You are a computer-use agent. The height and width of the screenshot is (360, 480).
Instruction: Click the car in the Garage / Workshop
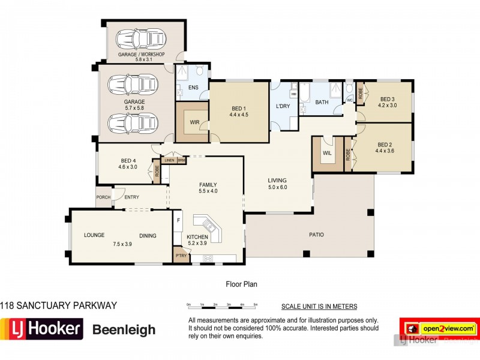136,38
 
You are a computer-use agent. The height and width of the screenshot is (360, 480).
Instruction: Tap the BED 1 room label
238,108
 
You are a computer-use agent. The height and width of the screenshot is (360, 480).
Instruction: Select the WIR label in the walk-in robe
194,122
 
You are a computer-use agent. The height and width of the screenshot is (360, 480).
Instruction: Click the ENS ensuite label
193,88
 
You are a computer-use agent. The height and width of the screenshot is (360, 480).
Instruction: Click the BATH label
322,103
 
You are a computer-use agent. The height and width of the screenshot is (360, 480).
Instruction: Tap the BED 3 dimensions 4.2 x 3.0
387,105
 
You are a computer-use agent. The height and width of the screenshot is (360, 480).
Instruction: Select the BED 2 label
385,144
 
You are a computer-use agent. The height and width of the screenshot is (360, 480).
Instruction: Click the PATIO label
316,235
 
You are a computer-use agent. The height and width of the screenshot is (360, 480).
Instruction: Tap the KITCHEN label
197,237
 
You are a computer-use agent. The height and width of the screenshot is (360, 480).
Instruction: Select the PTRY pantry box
180,255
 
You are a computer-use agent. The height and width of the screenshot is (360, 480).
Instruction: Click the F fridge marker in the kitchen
178,220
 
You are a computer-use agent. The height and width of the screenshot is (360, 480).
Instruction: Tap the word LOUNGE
94,235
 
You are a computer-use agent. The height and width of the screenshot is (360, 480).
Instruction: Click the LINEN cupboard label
169,160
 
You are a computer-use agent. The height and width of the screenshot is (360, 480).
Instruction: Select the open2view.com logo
438,329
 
